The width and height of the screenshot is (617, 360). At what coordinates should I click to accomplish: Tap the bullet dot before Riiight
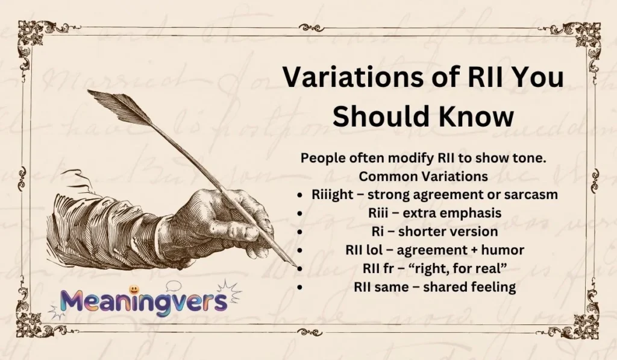[x=299, y=195]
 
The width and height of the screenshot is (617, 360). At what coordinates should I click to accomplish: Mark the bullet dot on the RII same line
[x=299, y=288]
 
